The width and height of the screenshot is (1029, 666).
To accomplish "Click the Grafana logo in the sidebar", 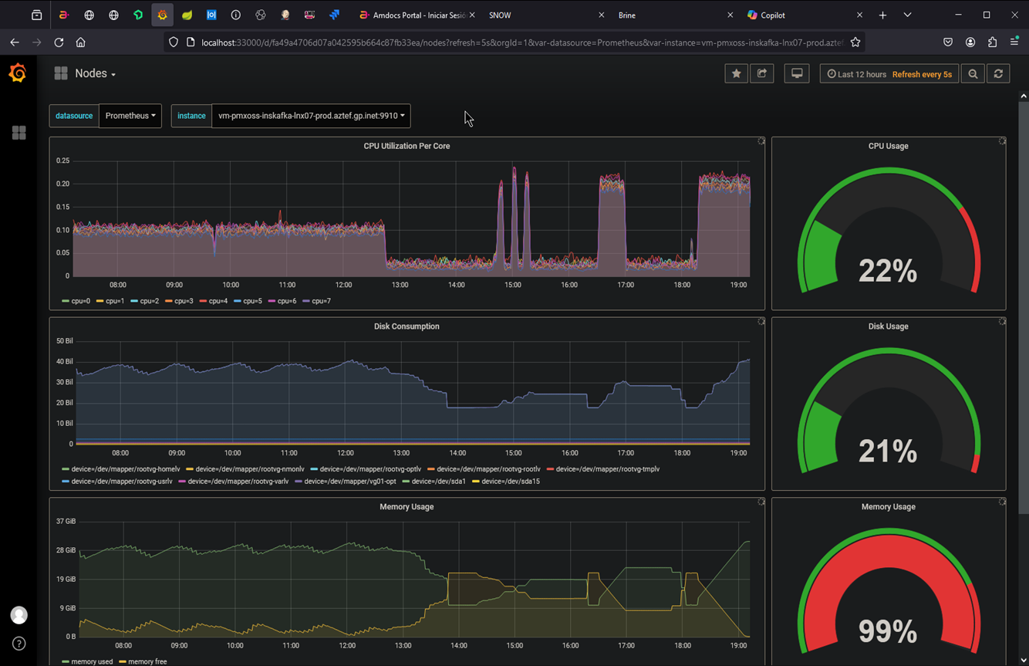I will click(18, 73).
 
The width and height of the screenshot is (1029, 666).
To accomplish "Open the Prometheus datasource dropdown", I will click(130, 116).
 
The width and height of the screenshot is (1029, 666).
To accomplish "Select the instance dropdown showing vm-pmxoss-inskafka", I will click(311, 116).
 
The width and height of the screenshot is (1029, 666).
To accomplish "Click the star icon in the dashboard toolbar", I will click(736, 74).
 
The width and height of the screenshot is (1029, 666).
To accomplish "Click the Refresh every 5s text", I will click(922, 75).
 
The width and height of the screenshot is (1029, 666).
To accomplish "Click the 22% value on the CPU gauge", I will click(888, 271).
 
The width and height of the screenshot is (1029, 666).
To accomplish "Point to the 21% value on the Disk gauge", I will click(888, 451).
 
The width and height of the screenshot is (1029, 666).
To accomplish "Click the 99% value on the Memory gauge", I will click(888, 631).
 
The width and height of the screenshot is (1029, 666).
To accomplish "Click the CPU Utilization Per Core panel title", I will click(407, 146).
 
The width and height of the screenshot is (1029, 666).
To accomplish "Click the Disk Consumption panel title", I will click(407, 326).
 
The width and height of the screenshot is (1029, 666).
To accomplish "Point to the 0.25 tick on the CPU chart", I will click(62, 161).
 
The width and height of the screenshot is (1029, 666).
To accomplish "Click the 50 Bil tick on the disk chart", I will click(64, 341).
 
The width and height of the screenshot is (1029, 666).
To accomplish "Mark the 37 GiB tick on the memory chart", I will click(66, 522).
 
